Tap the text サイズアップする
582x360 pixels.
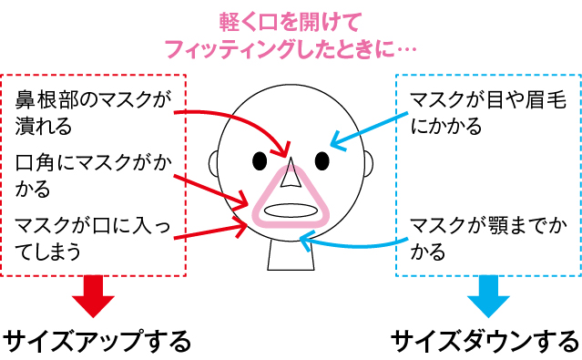97,341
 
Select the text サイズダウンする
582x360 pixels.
485,341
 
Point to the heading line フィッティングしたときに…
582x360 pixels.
291,45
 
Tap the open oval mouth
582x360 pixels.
291,209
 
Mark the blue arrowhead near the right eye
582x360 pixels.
333,143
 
